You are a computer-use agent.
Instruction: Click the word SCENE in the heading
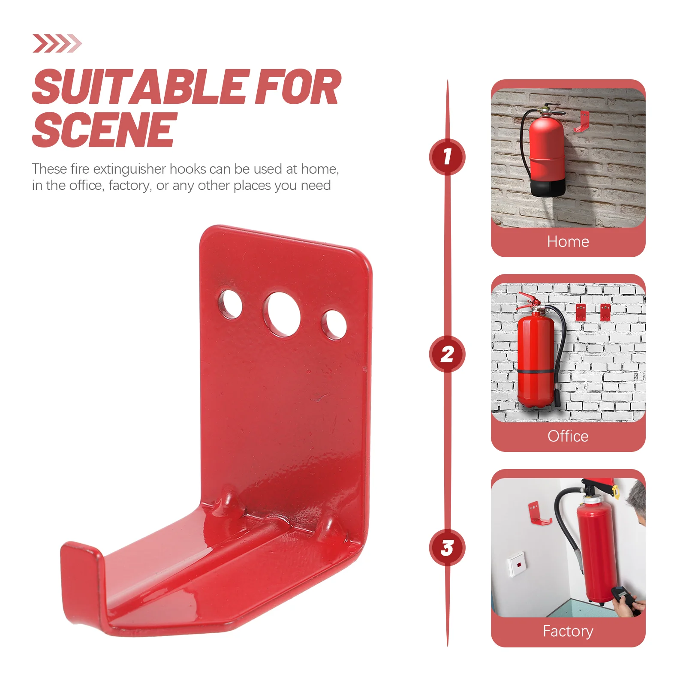(x=104, y=129)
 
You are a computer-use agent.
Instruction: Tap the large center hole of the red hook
(x=282, y=315)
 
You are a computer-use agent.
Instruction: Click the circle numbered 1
(x=447, y=157)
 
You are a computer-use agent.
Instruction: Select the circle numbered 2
(x=447, y=354)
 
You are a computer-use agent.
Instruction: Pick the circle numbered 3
(x=447, y=548)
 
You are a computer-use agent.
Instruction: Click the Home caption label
(x=568, y=241)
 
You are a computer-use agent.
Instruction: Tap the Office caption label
(x=568, y=436)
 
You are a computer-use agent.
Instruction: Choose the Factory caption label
(x=568, y=631)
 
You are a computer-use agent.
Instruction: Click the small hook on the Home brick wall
(x=582, y=121)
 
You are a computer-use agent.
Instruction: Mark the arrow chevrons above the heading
(x=57, y=43)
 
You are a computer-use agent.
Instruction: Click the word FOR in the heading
(x=298, y=87)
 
